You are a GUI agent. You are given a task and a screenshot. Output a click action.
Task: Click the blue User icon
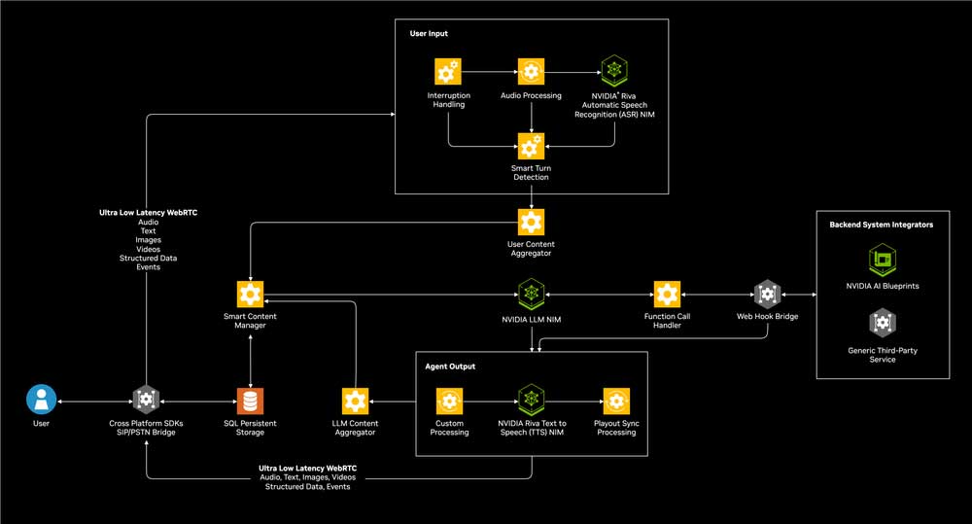click(41, 400)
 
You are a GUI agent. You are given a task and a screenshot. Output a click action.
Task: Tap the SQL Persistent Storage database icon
click(251, 400)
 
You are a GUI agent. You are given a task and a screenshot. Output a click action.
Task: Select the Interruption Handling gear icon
click(448, 72)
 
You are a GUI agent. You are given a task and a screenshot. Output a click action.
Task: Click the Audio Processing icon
click(531, 72)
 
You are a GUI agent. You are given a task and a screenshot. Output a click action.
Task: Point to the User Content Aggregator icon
click(531, 221)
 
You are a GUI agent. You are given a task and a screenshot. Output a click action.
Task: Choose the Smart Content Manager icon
click(251, 294)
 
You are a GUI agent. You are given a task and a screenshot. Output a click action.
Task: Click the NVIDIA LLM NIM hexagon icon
click(531, 294)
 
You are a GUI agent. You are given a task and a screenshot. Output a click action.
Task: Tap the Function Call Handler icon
click(667, 294)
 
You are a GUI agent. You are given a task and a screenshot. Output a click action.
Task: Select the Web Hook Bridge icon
click(767, 294)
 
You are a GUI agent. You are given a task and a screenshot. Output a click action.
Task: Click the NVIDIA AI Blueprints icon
click(881, 260)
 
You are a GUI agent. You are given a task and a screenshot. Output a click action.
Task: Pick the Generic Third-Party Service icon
click(881, 323)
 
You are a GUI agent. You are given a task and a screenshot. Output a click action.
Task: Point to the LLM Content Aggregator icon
click(356, 400)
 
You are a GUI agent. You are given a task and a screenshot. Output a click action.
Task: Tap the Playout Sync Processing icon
click(614, 400)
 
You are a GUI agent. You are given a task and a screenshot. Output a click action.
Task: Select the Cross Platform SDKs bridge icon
click(147, 400)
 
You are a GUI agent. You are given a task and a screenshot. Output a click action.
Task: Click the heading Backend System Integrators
click(881, 225)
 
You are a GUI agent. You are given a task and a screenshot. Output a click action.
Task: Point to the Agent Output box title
click(451, 367)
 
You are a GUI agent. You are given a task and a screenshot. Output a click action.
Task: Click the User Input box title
click(429, 34)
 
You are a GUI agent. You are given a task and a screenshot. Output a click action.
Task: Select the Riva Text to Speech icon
click(531, 400)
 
